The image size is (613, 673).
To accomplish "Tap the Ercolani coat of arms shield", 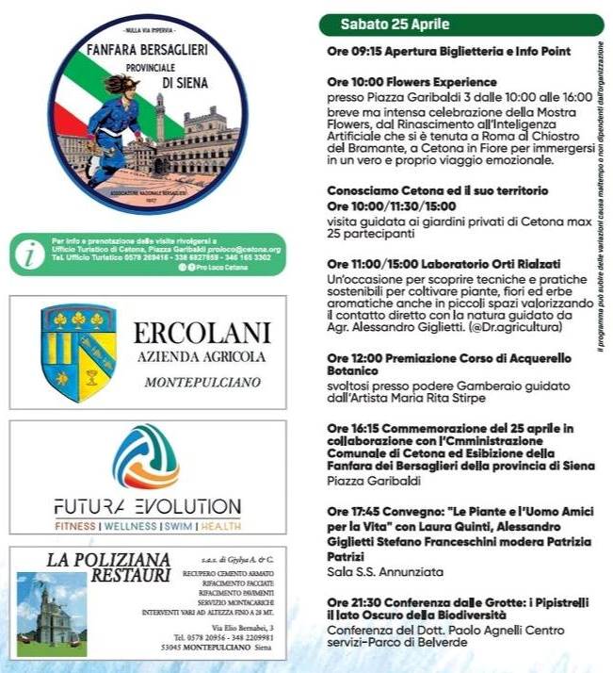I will coord(78,353).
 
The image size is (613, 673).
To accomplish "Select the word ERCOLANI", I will coord(202,333).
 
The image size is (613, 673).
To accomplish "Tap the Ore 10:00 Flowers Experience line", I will coord(411,82).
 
